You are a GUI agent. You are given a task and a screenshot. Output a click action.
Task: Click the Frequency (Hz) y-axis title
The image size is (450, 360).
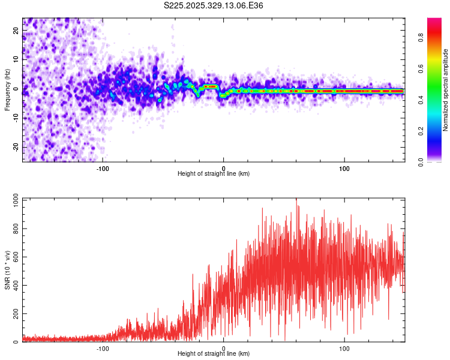[7, 89]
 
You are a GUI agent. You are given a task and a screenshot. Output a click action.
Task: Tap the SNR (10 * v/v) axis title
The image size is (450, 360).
[7, 269]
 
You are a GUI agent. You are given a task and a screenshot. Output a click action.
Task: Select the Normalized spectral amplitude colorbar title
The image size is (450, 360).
[445, 90]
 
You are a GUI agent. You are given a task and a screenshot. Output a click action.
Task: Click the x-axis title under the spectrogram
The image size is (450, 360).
[214, 173]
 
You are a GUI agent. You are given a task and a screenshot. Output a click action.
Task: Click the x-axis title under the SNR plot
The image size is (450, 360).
[214, 353]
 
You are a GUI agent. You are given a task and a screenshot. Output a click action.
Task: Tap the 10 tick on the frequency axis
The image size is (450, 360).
[16, 60]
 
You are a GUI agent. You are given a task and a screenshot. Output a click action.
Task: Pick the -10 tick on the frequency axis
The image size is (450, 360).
[15, 118]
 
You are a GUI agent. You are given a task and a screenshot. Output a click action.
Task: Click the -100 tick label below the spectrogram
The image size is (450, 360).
[103, 168]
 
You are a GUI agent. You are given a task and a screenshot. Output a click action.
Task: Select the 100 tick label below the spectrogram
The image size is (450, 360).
[344, 168]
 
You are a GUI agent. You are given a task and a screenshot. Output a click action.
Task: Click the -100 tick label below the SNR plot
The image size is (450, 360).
[103, 348]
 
